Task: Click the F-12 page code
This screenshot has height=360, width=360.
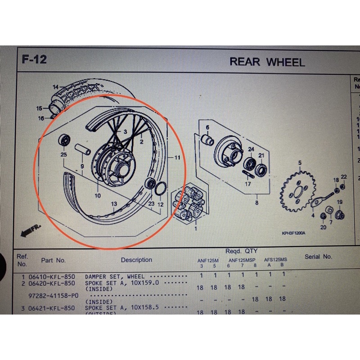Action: (x=34, y=59)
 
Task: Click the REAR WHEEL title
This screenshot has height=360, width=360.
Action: (x=267, y=62)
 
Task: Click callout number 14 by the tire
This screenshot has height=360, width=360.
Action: (x=55, y=87)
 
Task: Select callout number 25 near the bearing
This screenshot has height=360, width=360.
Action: (x=63, y=155)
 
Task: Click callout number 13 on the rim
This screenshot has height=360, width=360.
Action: (x=114, y=204)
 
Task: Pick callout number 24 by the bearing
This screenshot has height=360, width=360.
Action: (x=251, y=149)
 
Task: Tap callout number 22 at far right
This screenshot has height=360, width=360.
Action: (x=344, y=176)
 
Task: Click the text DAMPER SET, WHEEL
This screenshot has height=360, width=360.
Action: (x=115, y=276)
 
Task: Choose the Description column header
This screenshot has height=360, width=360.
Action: (x=136, y=260)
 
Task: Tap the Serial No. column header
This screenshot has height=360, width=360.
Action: (x=318, y=256)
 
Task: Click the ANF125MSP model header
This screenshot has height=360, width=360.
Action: (x=241, y=260)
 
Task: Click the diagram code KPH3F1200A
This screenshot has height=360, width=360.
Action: (x=293, y=233)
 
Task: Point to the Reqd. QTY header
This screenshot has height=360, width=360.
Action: (x=241, y=251)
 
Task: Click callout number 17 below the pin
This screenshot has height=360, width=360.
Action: (x=248, y=184)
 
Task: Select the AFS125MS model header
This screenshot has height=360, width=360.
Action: (x=275, y=260)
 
